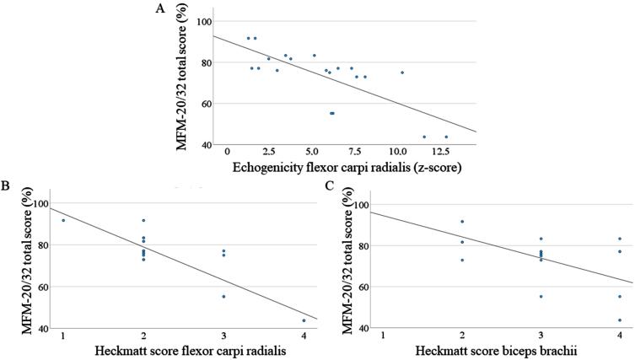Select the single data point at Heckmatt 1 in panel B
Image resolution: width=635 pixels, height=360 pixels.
point(63,220)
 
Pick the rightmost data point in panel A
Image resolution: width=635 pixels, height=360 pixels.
point(446,137)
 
